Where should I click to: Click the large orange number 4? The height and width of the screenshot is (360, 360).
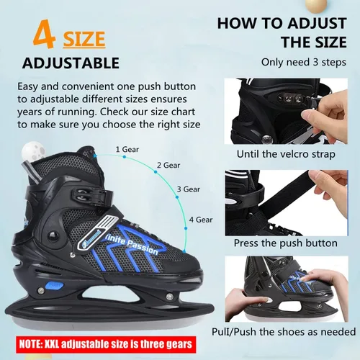coord(45,34)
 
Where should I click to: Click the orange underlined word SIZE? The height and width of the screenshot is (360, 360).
coord(84,39)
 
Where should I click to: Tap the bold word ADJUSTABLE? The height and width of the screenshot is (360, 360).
coord(71,63)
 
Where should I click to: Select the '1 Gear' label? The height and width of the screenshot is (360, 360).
coord(127,150)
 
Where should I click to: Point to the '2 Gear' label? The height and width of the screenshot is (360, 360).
coord(168,166)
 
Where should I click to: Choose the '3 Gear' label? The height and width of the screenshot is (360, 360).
coord(189,189)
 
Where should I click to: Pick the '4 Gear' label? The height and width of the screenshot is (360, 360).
coord(201,220)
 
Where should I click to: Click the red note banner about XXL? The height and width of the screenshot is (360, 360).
coord(106,344)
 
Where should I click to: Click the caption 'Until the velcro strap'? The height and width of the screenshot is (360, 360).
coord(286,154)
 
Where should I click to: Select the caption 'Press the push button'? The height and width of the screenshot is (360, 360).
coord(286,243)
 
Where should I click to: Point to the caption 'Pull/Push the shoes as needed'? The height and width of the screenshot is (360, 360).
coord(284,332)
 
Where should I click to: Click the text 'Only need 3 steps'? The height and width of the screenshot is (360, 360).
coord(304,62)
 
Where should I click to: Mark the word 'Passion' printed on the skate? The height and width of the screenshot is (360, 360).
coord(142,246)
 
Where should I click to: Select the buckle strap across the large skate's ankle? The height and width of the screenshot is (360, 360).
coord(92,195)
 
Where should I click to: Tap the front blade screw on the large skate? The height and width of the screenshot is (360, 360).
coord(170,297)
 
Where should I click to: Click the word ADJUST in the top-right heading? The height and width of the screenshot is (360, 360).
coord(317,23)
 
